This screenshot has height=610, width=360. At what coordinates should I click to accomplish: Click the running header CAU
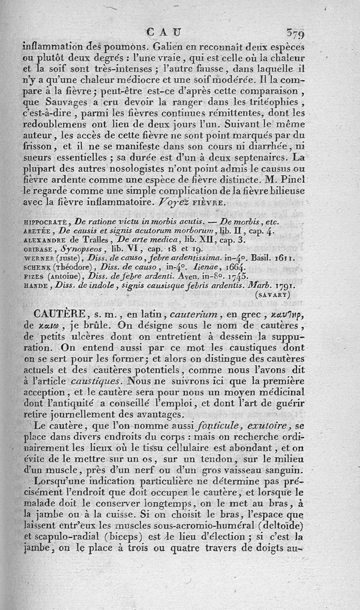coord(164,32)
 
